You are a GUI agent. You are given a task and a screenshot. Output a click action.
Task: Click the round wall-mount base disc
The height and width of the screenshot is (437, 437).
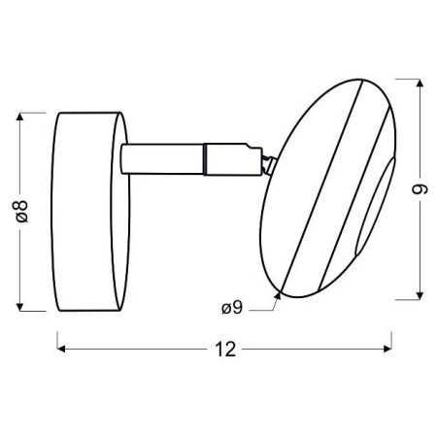click(x=90, y=211)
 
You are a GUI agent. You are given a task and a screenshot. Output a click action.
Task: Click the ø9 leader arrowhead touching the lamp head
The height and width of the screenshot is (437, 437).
click(x=280, y=292)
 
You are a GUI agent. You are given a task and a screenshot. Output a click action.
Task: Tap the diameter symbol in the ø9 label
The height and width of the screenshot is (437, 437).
click(x=224, y=309)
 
